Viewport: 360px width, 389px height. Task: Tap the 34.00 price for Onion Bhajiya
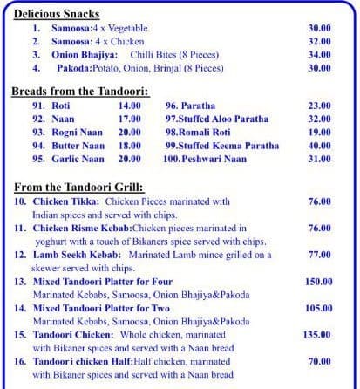(320, 54)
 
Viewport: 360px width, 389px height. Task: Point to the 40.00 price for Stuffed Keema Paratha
(320, 146)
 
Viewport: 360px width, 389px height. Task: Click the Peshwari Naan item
(206, 160)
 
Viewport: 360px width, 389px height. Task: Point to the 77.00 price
(320, 255)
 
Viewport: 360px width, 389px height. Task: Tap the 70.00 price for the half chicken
(320, 360)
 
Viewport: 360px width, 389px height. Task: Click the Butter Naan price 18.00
(130, 146)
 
